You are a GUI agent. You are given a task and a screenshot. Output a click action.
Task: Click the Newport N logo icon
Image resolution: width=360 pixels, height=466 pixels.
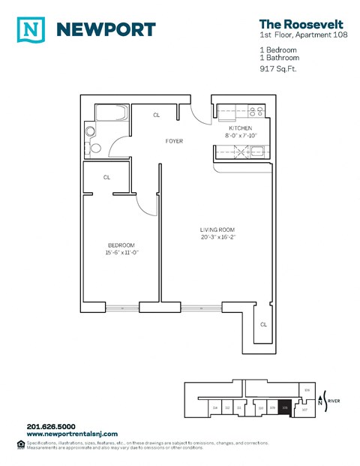[30, 29]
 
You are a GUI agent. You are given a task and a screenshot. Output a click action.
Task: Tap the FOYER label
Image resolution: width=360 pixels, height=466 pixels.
[174, 141]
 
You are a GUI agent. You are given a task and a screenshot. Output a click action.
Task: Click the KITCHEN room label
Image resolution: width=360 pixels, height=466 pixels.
[242, 128]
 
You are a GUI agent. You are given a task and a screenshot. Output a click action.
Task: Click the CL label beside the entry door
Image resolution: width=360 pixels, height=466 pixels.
[157, 116]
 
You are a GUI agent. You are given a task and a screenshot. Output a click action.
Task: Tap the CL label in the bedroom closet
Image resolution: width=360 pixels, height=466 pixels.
[107, 178]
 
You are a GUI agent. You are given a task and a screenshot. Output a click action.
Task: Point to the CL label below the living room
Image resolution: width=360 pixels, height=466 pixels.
[263, 325]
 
